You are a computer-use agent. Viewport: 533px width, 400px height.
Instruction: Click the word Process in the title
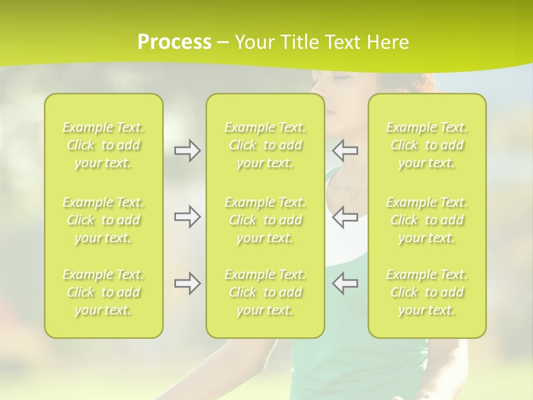(x=174, y=42)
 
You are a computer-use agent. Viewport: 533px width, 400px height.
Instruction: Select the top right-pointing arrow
(x=188, y=151)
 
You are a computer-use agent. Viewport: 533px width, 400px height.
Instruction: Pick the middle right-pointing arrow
(x=188, y=217)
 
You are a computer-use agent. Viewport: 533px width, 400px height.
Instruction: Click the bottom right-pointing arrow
(x=188, y=283)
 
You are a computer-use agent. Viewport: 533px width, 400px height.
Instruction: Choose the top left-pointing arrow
(x=345, y=151)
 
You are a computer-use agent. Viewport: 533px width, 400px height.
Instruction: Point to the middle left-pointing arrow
(x=345, y=217)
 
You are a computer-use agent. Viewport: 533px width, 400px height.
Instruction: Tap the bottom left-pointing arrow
(x=345, y=283)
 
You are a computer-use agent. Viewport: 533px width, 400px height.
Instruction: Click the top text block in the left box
(x=103, y=145)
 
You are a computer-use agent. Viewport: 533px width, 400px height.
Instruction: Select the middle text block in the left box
(x=103, y=220)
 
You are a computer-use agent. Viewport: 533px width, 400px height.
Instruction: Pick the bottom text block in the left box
(x=103, y=292)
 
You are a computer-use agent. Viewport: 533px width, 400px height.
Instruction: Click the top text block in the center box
(x=265, y=145)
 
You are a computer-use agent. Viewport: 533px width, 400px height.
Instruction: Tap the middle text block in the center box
(x=265, y=220)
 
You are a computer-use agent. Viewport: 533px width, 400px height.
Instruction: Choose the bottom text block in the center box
(x=265, y=292)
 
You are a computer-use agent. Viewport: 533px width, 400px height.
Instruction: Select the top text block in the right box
(x=426, y=145)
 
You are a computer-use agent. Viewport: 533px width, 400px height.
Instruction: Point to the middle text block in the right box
(x=426, y=220)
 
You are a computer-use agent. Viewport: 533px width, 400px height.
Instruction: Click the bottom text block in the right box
(x=426, y=292)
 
